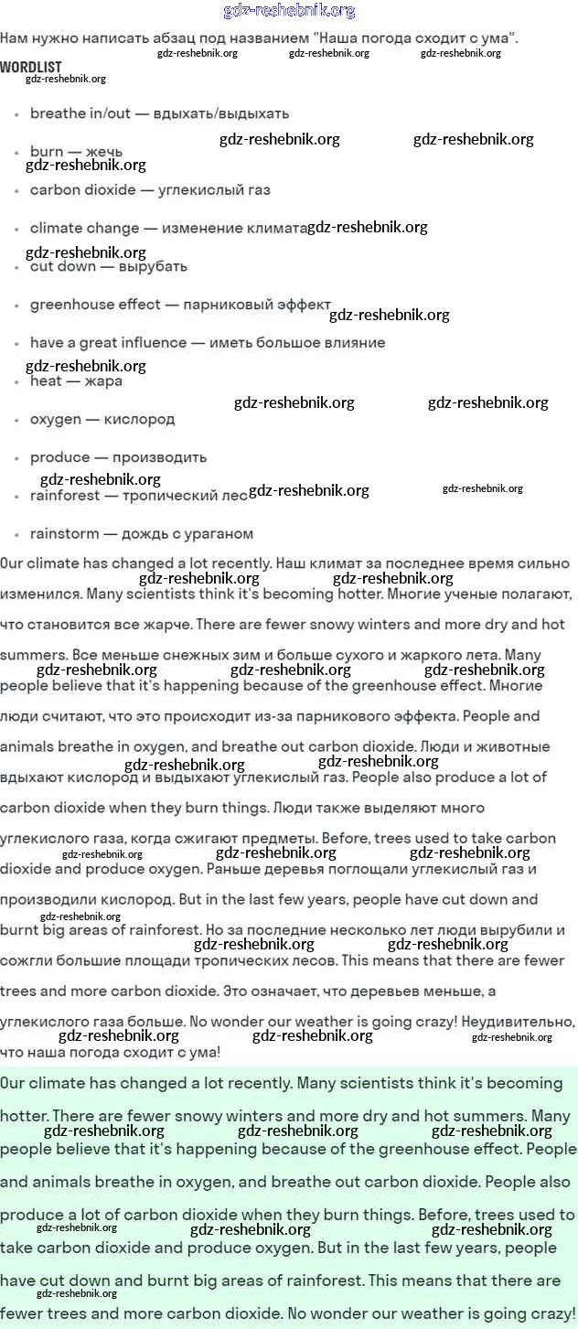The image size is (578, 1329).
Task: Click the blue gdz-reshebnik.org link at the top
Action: coord(289,11)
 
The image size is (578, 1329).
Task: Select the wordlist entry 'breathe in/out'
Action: coord(80,113)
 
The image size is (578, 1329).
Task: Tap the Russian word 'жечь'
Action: coord(103,152)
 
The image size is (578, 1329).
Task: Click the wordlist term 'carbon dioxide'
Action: coord(83,190)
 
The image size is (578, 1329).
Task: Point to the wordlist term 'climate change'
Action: coord(85,229)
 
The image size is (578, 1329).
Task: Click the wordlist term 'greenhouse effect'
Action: coord(95,305)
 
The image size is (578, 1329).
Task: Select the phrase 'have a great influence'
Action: coord(108,343)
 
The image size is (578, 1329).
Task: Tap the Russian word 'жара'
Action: coord(103,381)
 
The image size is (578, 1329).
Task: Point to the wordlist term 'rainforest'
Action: coord(65,496)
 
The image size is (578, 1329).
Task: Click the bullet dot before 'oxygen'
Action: coord(17,421)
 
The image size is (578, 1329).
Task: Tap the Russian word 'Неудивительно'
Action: coord(519,1022)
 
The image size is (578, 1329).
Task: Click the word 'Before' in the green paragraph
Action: coord(444,1215)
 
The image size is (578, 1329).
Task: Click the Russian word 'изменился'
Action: coord(41,595)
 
